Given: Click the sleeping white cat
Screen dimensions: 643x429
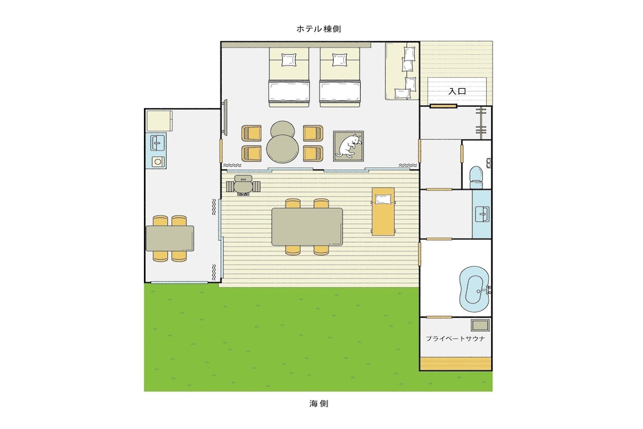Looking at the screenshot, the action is (349, 145).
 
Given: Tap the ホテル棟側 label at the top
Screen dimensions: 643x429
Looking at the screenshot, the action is (319, 29).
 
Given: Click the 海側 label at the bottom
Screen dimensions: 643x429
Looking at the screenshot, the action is (319, 403).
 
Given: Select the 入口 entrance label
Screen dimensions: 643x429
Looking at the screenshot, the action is (457, 91).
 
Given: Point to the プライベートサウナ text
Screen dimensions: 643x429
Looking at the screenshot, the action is (455, 338).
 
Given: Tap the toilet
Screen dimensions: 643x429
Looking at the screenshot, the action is (476, 175).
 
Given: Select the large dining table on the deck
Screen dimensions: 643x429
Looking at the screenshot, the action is (307, 226).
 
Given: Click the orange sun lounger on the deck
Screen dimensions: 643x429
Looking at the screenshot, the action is (383, 212).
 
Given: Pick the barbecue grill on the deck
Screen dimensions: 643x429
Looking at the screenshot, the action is (243, 185).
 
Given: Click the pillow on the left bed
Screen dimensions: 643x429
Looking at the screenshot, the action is (289, 60).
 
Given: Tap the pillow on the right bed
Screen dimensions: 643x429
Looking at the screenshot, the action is (340, 60).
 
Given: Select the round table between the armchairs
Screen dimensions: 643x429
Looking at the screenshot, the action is (282, 149).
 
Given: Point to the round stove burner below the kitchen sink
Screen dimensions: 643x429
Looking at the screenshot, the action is (158, 161).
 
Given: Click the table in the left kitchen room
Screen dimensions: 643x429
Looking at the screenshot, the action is (170, 238).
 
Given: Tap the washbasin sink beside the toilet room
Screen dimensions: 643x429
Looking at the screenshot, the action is (482, 214).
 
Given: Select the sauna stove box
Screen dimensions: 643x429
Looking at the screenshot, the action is (480, 325).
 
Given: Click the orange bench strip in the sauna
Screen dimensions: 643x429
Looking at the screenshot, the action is (456, 363).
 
